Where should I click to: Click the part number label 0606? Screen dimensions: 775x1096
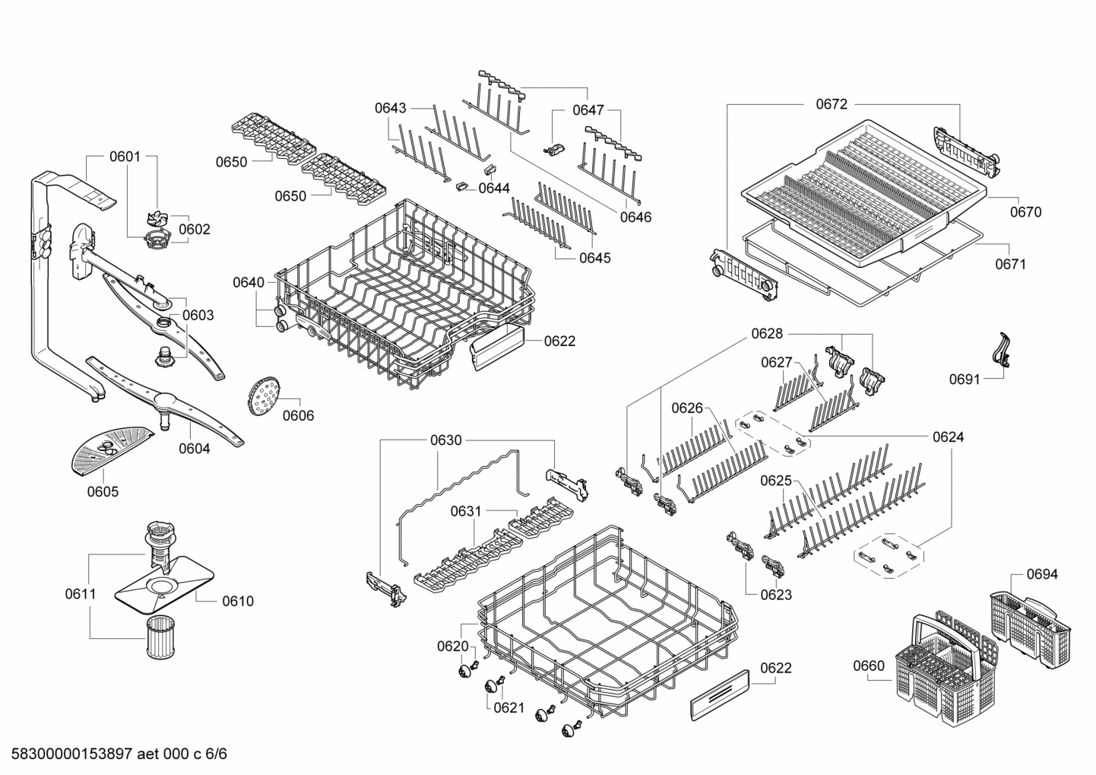coord(298,415)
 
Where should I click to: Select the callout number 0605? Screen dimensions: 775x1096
coord(103,491)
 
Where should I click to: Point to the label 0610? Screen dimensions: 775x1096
coord(237,601)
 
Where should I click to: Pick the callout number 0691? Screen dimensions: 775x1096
coord(965,379)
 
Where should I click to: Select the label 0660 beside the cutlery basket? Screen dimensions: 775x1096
coord(869,666)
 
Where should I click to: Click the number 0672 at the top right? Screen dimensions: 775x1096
coord(832,104)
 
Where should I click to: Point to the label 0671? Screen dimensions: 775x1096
coord(1010,264)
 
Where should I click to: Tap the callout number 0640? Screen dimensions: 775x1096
coord(249,283)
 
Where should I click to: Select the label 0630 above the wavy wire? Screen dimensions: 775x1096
coord(445,440)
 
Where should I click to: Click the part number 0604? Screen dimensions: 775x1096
coord(195,448)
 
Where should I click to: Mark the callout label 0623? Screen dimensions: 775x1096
coord(776,595)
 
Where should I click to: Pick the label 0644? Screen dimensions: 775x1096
coord(494,188)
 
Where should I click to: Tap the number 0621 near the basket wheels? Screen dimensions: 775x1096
coord(508,707)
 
